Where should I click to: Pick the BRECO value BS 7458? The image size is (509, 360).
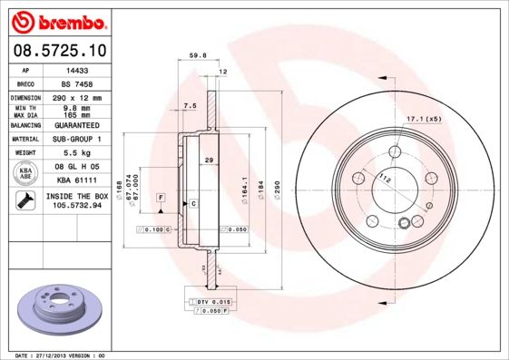(77, 82)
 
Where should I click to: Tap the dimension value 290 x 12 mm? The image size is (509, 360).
(77, 97)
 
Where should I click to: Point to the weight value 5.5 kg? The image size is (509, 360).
(77, 153)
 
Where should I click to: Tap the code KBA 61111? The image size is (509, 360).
(77, 181)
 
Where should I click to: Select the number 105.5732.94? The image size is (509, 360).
(77, 206)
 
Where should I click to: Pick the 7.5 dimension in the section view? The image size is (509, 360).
(189, 106)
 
